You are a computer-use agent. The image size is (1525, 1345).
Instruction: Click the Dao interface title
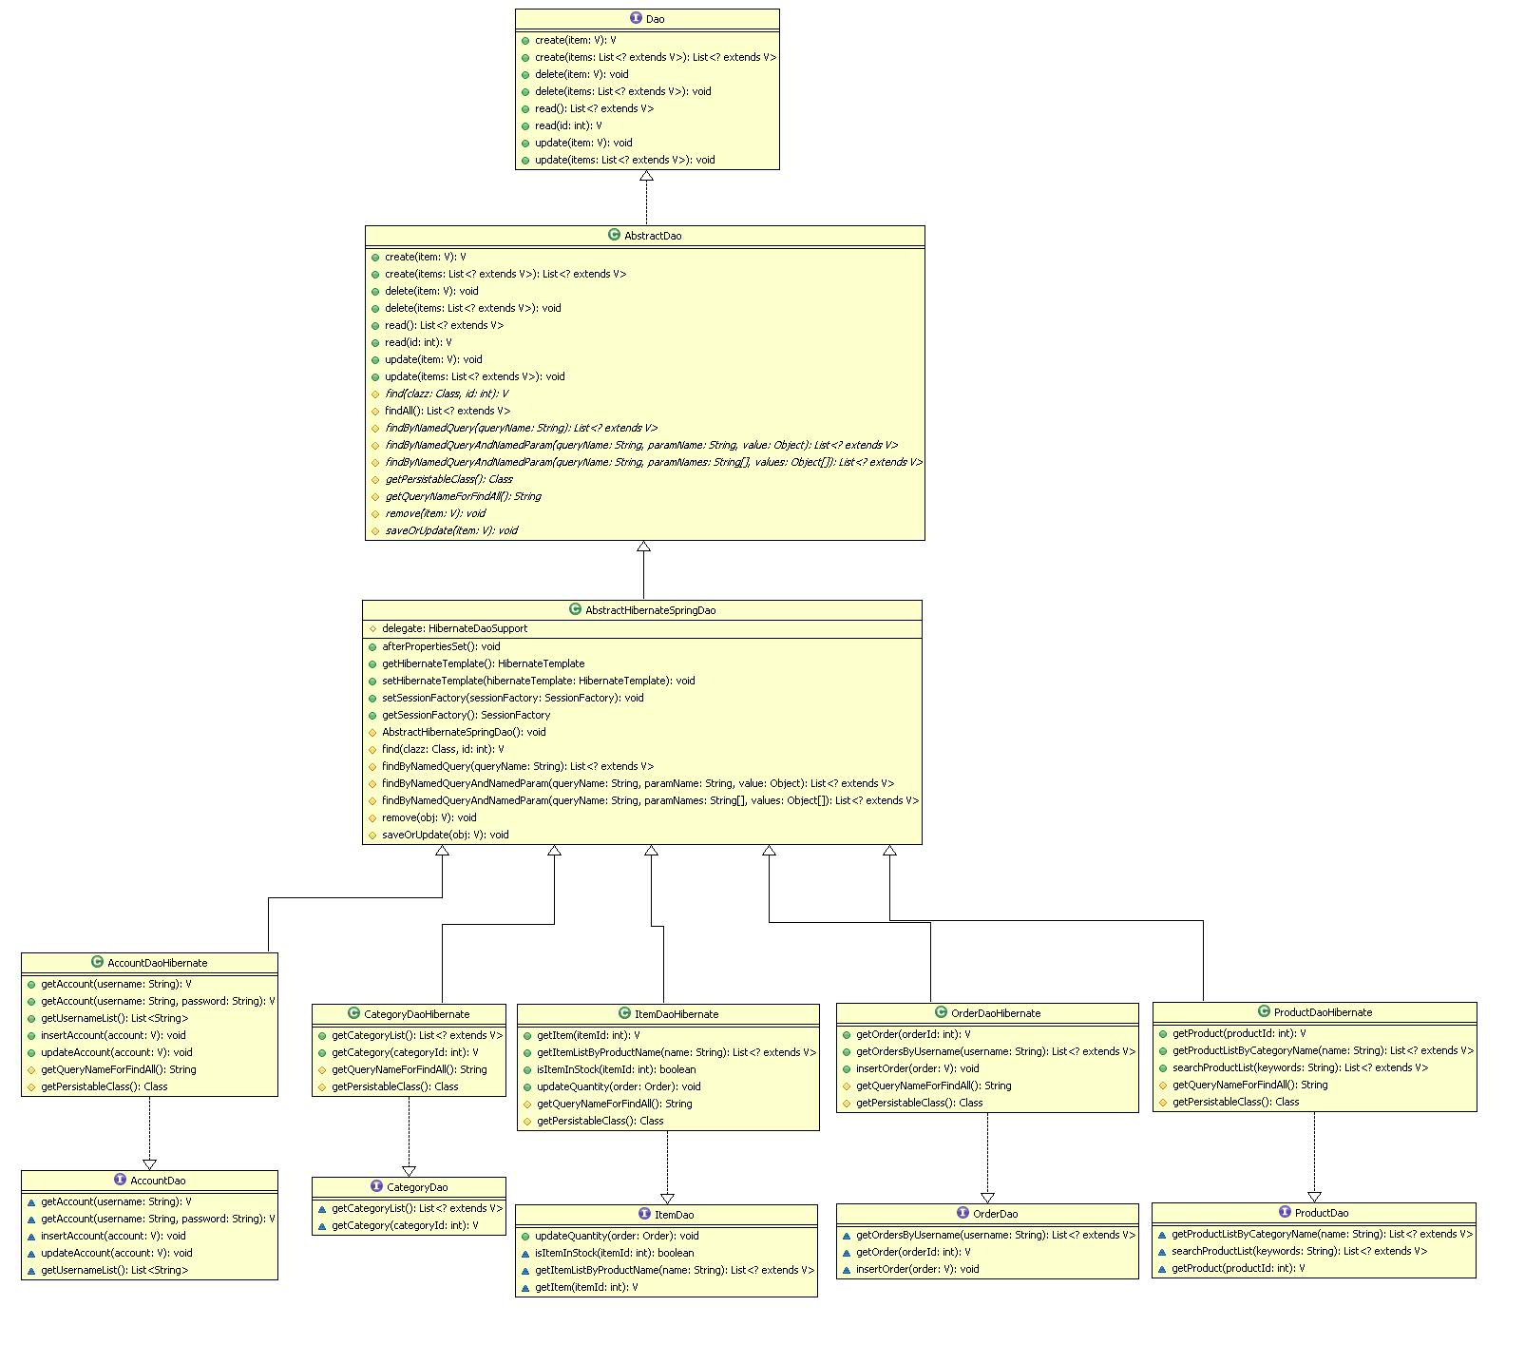655,19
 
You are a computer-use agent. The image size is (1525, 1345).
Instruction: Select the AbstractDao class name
652,236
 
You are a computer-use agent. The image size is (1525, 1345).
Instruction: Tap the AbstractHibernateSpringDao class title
650,610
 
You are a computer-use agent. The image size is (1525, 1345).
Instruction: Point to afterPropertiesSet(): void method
441,646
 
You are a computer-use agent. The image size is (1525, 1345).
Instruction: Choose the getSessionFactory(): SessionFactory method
466,715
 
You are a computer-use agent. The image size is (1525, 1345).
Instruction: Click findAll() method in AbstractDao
447,411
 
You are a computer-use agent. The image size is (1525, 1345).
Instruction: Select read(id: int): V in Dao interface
567,125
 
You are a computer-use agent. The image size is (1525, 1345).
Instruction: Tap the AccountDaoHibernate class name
157,963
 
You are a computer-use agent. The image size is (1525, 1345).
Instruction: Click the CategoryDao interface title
416,1187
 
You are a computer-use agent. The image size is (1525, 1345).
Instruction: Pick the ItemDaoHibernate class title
676,1014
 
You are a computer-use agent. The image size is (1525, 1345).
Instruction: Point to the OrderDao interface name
995,1214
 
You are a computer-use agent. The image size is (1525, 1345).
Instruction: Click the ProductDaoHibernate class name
1323,1012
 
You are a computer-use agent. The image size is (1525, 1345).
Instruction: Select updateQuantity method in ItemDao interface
616,1236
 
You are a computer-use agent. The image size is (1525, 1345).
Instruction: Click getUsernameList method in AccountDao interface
114,1270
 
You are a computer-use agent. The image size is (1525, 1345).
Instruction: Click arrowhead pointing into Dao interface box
646,177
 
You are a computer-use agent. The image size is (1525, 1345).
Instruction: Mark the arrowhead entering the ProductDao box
1314,1196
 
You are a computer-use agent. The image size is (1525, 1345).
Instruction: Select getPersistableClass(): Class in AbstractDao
448,479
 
